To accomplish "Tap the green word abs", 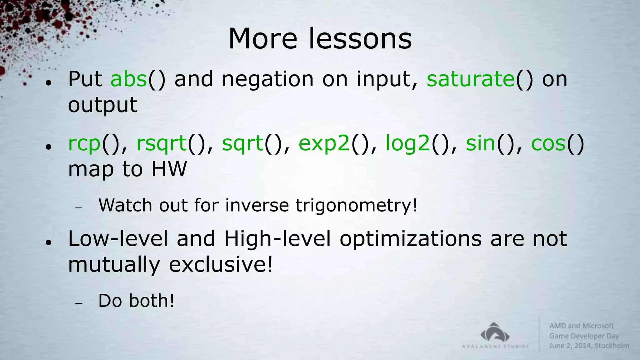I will tap(128, 79).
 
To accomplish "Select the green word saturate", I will tap(470, 79).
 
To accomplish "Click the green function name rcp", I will tap(84, 144).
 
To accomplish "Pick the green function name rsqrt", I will tap(161, 144).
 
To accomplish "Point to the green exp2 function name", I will tap(324, 144).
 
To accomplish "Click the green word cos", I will tap(548, 144).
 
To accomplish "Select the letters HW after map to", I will tap(169, 169).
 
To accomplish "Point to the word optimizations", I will tap(411, 239).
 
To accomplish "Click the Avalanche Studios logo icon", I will tap(495, 332).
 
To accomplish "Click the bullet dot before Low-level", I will tap(48, 242).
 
